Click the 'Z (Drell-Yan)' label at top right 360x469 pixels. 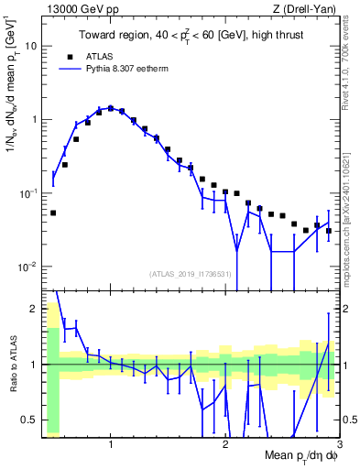click(x=307, y=8)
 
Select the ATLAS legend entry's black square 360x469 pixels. click(x=66, y=55)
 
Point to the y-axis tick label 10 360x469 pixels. click(x=30, y=45)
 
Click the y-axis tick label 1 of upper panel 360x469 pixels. click(x=33, y=119)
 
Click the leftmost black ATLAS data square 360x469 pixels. click(x=53, y=213)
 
